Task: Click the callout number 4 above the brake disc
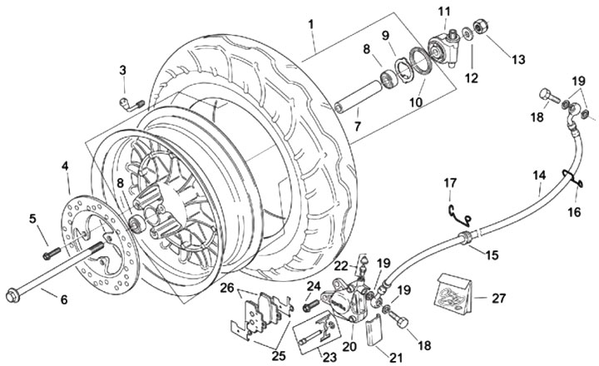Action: [x=65, y=166]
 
